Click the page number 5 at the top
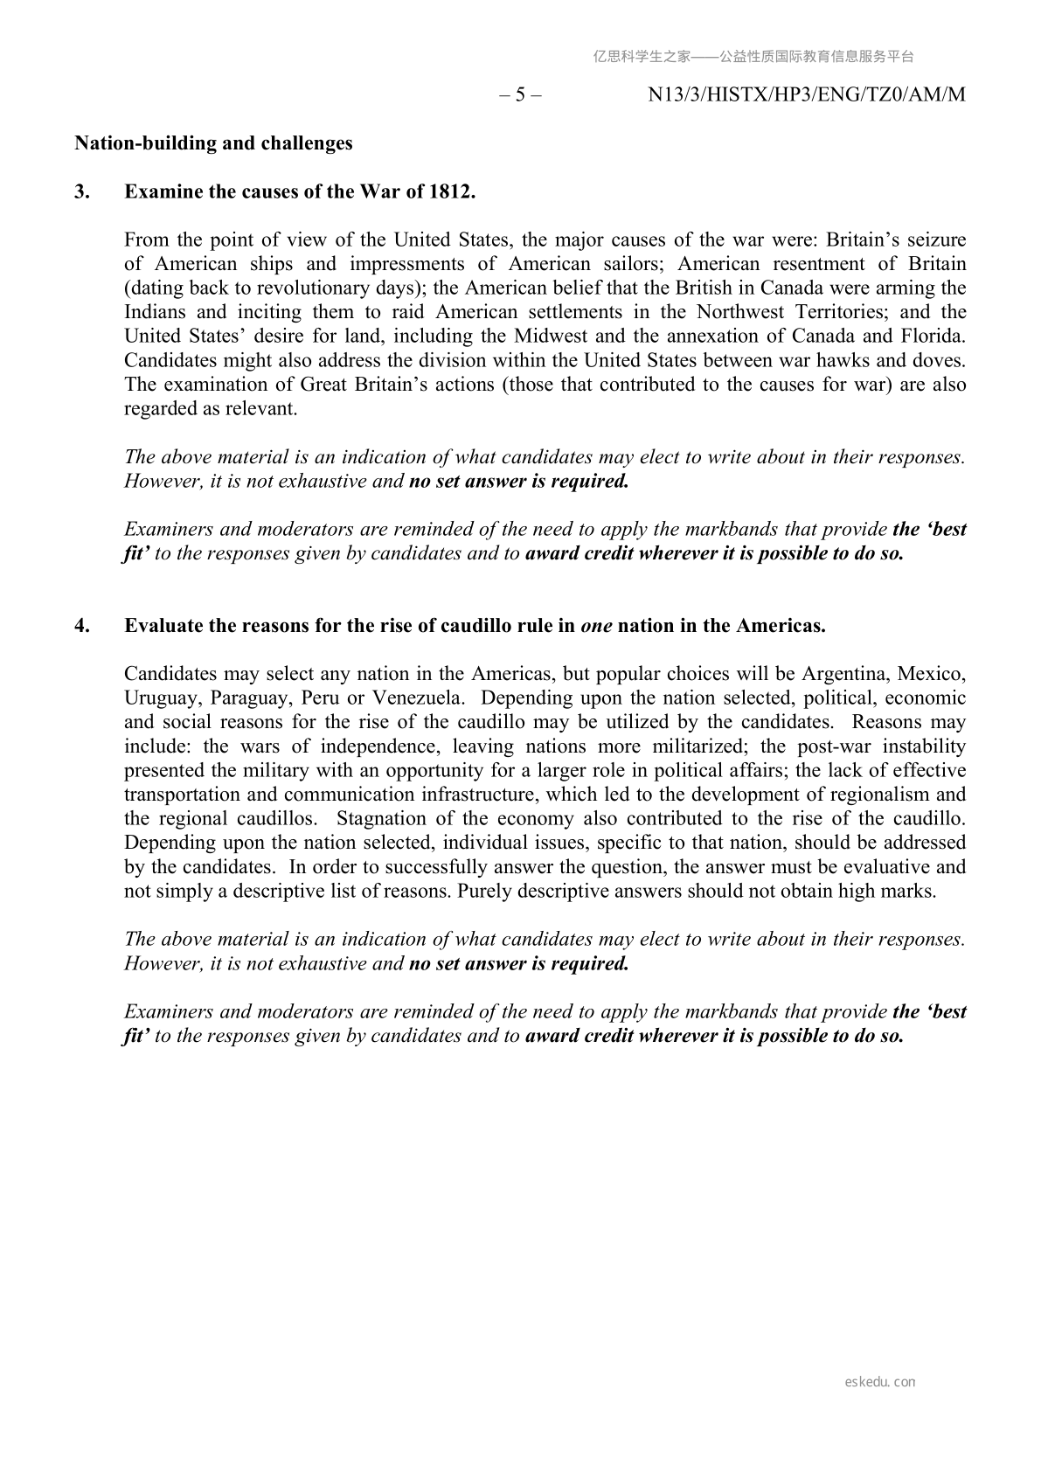click(x=520, y=95)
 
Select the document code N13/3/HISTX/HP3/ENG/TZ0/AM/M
click(x=806, y=95)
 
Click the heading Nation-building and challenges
click(x=213, y=143)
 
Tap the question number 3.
click(x=81, y=192)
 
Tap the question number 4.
click(x=81, y=626)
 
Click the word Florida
click(x=931, y=337)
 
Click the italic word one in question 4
click(x=596, y=626)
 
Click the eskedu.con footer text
click(x=880, y=1382)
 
